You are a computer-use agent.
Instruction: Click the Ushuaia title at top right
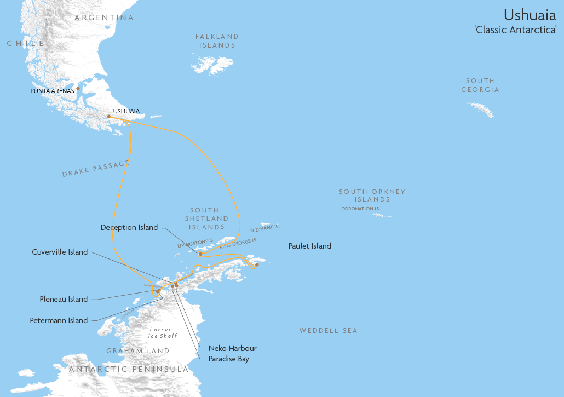(x=530, y=14)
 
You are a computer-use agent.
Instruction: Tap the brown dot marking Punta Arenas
(x=78, y=88)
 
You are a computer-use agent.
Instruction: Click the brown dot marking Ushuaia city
(x=108, y=116)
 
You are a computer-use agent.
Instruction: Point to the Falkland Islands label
(x=217, y=41)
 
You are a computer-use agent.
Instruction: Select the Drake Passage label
(x=96, y=169)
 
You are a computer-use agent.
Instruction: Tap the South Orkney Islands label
(x=372, y=195)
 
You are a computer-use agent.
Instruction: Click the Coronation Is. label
(x=361, y=209)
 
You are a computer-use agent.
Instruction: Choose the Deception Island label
(x=129, y=227)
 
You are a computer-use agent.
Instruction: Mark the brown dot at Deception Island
(x=200, y=254)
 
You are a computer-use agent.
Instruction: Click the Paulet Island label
(x=309, y=246)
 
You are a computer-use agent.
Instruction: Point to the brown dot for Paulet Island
(x=257, y=265)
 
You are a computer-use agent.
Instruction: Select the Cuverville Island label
(x=60, y=252)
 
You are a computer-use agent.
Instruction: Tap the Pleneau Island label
(x=64, y=299)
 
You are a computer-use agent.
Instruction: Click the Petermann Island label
(x=59, y=320)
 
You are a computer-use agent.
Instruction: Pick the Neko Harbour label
(x=232, y=348)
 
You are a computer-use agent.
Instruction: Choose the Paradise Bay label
(x=228, y=359)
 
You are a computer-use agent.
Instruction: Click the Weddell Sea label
(x=328, y=331)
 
